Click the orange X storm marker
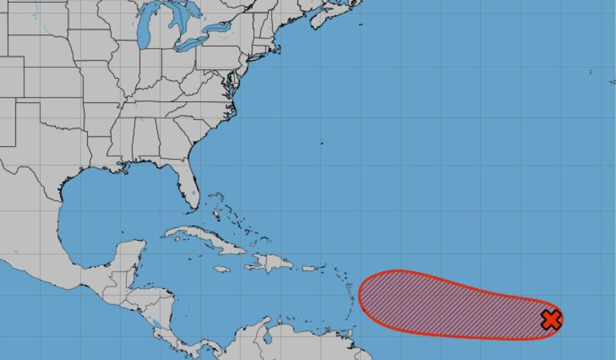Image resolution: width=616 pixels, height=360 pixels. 551,320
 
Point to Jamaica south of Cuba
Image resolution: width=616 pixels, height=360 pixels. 222,269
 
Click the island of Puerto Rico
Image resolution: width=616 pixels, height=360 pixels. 309,268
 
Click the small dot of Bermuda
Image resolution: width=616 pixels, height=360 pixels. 322,143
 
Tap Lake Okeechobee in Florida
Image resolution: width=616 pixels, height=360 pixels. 193,193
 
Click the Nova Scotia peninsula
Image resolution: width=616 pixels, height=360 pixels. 332,14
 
